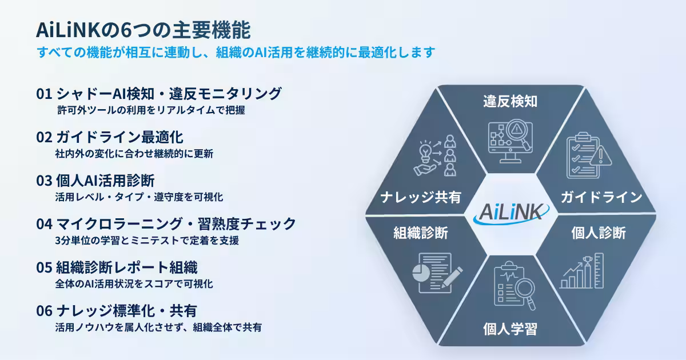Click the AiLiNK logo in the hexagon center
point(511,213)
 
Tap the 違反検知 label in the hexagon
point(510,101)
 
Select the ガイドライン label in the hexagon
point(601,197)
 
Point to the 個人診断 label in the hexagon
point(599,233)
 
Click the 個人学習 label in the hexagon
point(510,329)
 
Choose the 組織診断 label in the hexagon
point(421,233)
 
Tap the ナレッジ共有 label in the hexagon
point(421,197)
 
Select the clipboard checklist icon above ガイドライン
point(589,155)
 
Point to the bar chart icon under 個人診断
point(581,271)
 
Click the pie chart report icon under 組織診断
point(437,273)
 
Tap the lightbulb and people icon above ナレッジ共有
point(434,155)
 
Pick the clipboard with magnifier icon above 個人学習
point(514,285)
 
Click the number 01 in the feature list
point(44,94)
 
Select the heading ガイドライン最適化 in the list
point(119,137)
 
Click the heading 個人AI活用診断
point(105,181)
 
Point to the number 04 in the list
point(45,224)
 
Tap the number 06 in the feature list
point(45,311)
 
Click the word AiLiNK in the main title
point(68,30)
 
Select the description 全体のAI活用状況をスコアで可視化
point(134,284)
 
